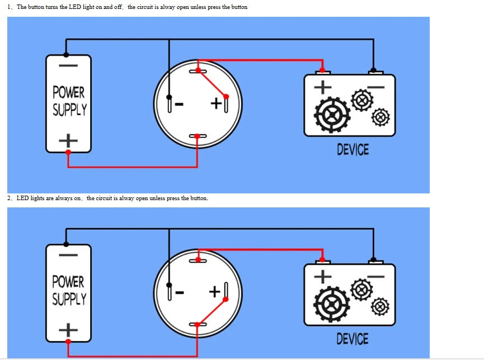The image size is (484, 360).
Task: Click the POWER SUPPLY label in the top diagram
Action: pyautogui.click(x=69, y=101)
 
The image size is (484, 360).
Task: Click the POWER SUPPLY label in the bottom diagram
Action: pyautogui.click(x=69, y=290)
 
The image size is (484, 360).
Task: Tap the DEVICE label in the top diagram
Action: pyautogui.click(x=353, y=150)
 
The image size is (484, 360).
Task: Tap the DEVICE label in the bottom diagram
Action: pyautogui.click(x=353, y=339)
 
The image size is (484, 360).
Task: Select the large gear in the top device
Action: pyautogui.click(x=332, y=115)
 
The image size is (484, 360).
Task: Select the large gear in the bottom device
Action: pyautogui.click(x=332, y=304)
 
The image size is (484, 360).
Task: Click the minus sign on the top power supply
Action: pyautogui.click(x=68, y=65)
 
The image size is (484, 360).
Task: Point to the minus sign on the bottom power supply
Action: pyautogui.click(x=68, y=255)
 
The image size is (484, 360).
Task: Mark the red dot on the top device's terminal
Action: pyautogui.click(x=322, y=71)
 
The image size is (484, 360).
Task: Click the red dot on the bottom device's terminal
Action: pyautogui.click(x=322, y=260)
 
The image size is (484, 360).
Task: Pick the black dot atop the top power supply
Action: pyautogui.click(x=67, y=54)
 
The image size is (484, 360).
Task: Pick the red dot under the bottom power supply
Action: pyautogui.click(x=68, y=341)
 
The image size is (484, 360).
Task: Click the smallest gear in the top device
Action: pyautogui.click(x=380, y=117)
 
